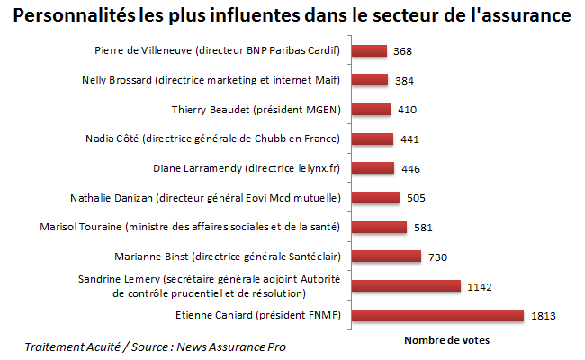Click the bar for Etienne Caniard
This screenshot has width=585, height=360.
click(x=437, y=315)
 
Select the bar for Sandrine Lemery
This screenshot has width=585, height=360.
click(x=406, y=286)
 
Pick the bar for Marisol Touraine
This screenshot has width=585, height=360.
click(x=379, y=227)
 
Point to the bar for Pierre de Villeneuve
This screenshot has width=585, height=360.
click(x=369, y=51)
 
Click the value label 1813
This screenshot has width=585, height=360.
click(x=544, y=316)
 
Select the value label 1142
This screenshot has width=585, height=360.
click(x=479, y=286)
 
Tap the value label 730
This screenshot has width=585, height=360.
click(x=437, y=256)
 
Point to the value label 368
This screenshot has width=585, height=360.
click(x=403, y=51)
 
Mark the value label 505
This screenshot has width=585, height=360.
click(x=416, y=198)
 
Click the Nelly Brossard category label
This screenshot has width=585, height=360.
click(x=210, y=80)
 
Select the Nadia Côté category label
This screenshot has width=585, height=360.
click(x=212, y=139)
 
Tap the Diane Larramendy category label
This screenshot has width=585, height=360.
click(x=247, y=168)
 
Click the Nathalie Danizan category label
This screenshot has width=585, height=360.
click(x=204, y=197)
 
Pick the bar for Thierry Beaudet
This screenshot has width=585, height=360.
click(x=371, y=110)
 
